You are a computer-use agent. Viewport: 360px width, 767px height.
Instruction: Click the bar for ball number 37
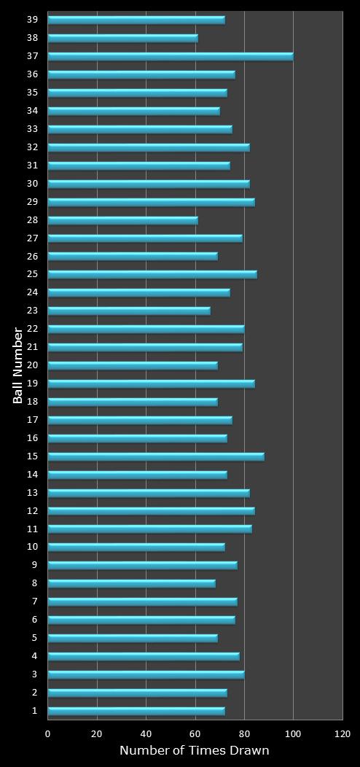171,56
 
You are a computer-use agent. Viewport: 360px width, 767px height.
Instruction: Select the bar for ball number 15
156,456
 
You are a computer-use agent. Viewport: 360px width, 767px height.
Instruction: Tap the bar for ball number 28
122,220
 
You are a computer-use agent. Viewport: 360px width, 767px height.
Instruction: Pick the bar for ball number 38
122,38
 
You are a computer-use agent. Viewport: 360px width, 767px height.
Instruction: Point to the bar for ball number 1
136,711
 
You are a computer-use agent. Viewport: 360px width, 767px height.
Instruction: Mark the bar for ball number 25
152,275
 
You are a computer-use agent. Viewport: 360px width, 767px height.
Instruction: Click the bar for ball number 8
132,583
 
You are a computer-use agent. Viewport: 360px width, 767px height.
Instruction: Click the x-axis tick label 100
293,734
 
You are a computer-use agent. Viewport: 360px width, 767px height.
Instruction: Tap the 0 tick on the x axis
48,734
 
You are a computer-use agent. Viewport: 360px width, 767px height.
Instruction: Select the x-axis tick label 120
343,734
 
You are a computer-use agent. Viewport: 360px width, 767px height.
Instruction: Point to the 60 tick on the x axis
195,734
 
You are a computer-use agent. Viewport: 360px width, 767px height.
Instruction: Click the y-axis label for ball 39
33,19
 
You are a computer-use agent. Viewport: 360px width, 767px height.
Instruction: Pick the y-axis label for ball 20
33,365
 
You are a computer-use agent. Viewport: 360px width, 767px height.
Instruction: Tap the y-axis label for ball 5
34,637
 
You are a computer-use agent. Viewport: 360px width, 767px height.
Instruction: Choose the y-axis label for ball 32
33,147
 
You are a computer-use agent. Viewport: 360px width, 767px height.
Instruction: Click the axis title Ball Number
18,365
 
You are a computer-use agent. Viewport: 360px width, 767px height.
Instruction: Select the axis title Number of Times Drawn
195,750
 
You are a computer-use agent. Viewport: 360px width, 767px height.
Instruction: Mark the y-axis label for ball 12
33,510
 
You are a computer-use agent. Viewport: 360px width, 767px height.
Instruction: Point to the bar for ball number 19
151,383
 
